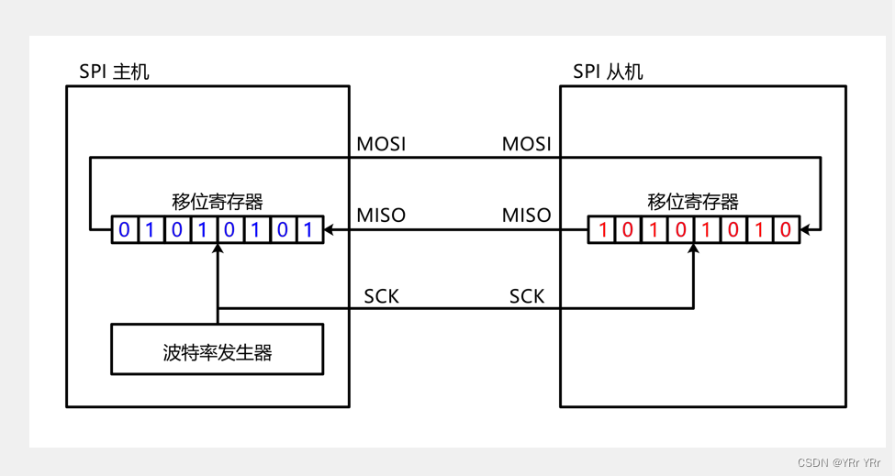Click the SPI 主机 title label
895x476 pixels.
pyautogui.click(x=115, y=72)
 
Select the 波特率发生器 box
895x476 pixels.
pyautogui.click(x=218, y=349)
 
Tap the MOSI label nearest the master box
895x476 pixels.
pyautogui.click(x=381, y=144)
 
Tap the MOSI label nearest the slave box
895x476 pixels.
pyautogui.click(x=526, y=144)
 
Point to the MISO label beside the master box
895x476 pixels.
pyautogui.click(x=381, y=216)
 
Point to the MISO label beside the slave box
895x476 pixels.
pyautogui.click(x=526, y=216)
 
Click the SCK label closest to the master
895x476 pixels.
pyautogui.click(x=381, y=296)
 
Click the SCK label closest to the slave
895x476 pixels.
pyautogui.click(x=527, y=296)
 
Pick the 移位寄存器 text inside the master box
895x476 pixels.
pyautogui.click(x=218, y=202)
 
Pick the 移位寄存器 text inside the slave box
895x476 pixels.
pyautogui.click(x=693, y=202)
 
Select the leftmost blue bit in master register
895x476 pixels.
pyautogui.click(x=125, y=230)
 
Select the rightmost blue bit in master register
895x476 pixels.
pyautogui.click(x=309, y=230)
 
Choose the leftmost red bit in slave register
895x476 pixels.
pyautogui.click(x=602, y=230)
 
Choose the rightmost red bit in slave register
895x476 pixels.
pyautogui.click(x=785, y=230)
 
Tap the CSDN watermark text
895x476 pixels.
pyautogui.click(x=839, y=463)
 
